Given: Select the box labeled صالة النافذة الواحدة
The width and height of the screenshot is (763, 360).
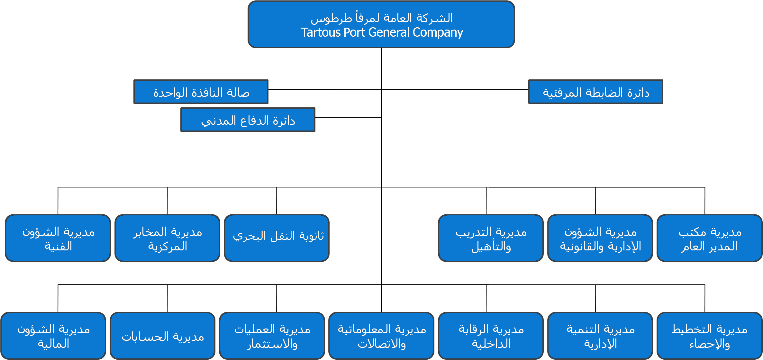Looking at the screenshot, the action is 201,92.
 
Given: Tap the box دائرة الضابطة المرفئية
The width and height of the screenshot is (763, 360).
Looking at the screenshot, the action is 596,92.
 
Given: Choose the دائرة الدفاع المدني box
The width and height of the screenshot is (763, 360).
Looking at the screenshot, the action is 248,120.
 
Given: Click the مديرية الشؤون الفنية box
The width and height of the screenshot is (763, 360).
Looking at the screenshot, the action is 58,238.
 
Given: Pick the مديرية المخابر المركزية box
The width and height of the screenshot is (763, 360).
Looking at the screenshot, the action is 167,238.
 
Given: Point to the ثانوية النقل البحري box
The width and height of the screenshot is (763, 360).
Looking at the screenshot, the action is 277,238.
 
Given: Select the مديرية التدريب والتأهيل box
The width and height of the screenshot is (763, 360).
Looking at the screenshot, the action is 491,238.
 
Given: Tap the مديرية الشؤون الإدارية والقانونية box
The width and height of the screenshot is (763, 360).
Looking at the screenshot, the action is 600,238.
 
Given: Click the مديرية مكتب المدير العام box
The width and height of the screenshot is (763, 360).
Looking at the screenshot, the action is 709,238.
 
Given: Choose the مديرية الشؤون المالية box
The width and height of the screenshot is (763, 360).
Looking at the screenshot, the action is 53,336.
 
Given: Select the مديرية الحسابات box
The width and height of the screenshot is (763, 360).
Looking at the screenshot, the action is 163,336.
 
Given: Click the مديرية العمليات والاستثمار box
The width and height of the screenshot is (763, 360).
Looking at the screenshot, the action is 272,336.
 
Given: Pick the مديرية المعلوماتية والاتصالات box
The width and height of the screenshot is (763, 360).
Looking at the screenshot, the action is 381,336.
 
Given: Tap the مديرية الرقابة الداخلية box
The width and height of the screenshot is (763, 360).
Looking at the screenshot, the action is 491,336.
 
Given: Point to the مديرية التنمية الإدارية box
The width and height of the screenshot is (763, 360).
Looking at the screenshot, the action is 600,336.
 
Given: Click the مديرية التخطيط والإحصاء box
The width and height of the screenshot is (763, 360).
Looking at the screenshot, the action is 709,336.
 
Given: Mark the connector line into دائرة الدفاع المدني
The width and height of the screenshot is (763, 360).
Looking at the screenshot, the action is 348,118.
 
